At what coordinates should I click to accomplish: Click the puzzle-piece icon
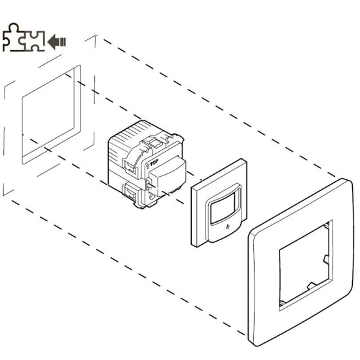click(x=23, y=37)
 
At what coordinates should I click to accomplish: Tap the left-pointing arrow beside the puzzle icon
click(x=56, y=42)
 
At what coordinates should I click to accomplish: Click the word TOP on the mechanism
click(x=154, y=163)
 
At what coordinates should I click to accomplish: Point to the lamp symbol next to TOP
click(x=147, y=166)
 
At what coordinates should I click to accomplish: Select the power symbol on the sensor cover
click(x=227, y=227)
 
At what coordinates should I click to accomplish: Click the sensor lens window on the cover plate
click(x=223, y=207)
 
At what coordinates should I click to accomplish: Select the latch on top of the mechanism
click(x=153, y=142)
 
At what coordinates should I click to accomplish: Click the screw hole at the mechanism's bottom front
click(x=152, y=196)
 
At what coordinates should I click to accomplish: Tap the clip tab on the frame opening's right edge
click(x=326, y=259)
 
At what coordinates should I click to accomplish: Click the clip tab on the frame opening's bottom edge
click(x=312, y=285)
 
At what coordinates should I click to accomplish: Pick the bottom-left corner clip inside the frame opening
click(x=283, y=304)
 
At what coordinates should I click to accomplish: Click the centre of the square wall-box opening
click(x=48, y=115)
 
